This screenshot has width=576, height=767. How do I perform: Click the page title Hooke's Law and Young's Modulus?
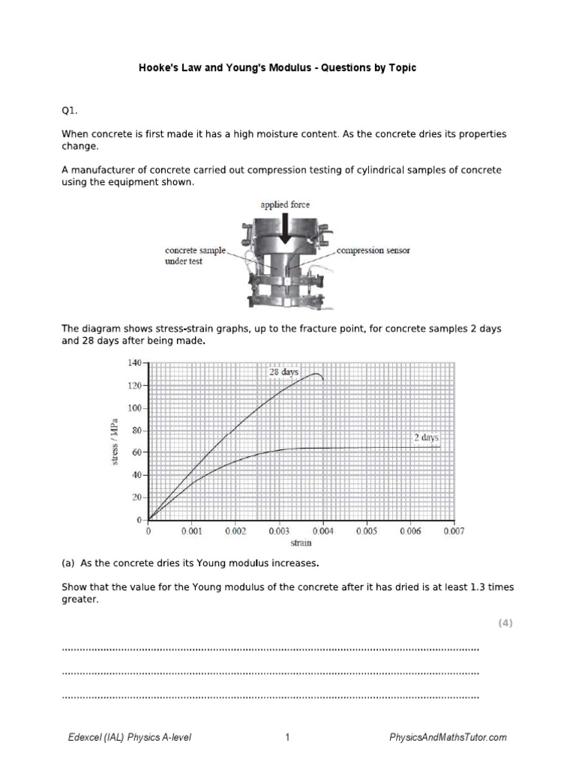(x=277, y=68)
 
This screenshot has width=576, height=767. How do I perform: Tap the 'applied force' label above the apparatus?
(x=284, y=204)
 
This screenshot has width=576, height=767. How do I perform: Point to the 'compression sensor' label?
(x=373, y=250)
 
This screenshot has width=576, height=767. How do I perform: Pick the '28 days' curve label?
(x=284, y=372)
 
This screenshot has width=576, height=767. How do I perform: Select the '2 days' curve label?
(x=425, y=437)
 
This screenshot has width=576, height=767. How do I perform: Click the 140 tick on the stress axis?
(x=135, y=363)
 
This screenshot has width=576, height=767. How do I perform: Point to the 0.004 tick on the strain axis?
(x=322, y=531)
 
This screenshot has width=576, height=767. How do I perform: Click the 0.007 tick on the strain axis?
(x=453, y=531)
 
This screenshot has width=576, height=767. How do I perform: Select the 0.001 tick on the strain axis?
(x=192, y=531)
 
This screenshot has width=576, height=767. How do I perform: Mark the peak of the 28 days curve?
(x=316, y=374)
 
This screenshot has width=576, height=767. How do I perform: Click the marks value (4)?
(x=505, y=623)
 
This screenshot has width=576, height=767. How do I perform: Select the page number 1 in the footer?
(x=287, y=737)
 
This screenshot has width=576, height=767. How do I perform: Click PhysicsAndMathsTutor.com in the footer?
(x=448, y=737)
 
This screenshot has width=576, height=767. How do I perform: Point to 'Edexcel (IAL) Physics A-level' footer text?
(x=130, y=737)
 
